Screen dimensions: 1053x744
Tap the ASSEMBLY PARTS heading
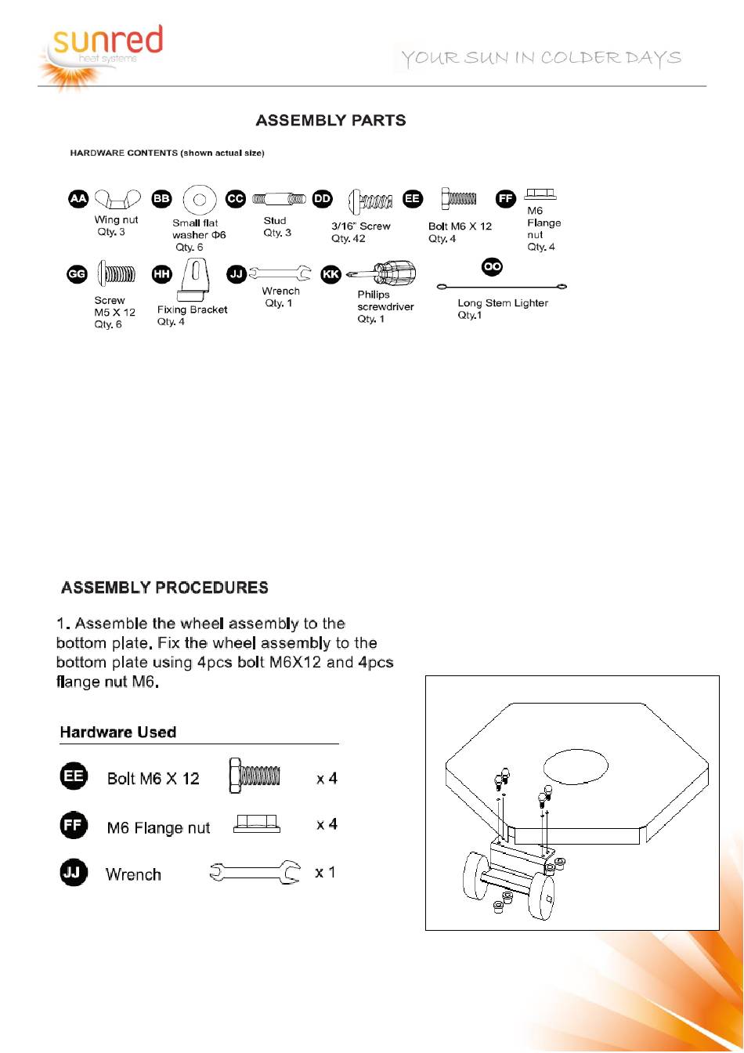pyautogui.click(x=330, y=121)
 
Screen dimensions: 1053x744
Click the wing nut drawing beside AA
pyautogui.click(x=117, y=201)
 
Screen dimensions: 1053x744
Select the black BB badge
pyautogui.click(x=161, y=199)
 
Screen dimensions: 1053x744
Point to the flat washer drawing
pyautogui.click(x=200, y=201)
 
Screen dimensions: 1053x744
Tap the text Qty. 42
pyautogui.click(x=349, y=239)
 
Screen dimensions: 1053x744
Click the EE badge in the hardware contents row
pyautogui.click(x=413, y=199)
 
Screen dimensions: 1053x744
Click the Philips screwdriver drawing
pyautogui.click(x=382, y=274)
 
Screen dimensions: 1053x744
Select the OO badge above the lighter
pyautogui.click(x=492, y=267)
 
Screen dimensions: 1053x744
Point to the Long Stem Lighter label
pyautogui.click(x=503, y=303)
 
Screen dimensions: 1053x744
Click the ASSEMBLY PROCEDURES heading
pyautogui.click(x=164, y=588)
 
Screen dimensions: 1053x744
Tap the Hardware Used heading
pyautogui.click(x=118, y=733)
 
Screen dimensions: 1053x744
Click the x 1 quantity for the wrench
pyautogui.click(x=325, y=872)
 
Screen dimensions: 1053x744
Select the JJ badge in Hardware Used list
pyautogui.click(x=74, y=873)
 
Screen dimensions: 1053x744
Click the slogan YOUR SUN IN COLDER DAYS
pyautogui.click(x=540, y=58)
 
